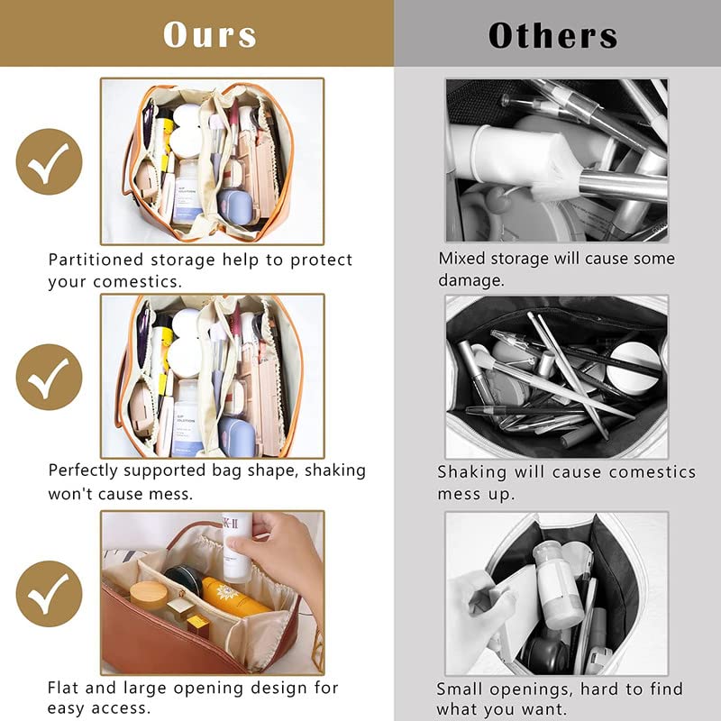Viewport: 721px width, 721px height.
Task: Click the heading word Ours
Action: click(x=210, y=34)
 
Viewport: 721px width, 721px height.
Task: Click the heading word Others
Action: click(x=552, y=35)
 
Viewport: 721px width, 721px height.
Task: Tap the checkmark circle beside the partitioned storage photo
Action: click(x=50, y=161)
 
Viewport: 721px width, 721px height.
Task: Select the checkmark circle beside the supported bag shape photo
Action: click(x=50, y=377)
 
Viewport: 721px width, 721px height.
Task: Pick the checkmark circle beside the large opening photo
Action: click(x=50, y=594)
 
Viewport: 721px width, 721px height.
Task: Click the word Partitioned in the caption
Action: click(x=96, y=260)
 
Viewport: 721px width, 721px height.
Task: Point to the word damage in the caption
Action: click(x=470, y=280)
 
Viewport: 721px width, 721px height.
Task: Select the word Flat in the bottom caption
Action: click(x=63, y=688)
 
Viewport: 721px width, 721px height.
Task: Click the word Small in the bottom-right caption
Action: click(x=459, y=689)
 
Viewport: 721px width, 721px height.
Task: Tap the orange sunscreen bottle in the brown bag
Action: click(x=233, y=597)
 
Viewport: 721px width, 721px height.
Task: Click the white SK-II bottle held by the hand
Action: click(x=238, y=547)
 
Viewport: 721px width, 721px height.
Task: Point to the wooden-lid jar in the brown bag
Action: click(x=148, y=597)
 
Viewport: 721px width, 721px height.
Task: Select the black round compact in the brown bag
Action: click(x=184, y=581)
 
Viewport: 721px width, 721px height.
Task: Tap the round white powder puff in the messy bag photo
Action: click(x=634, y=368)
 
